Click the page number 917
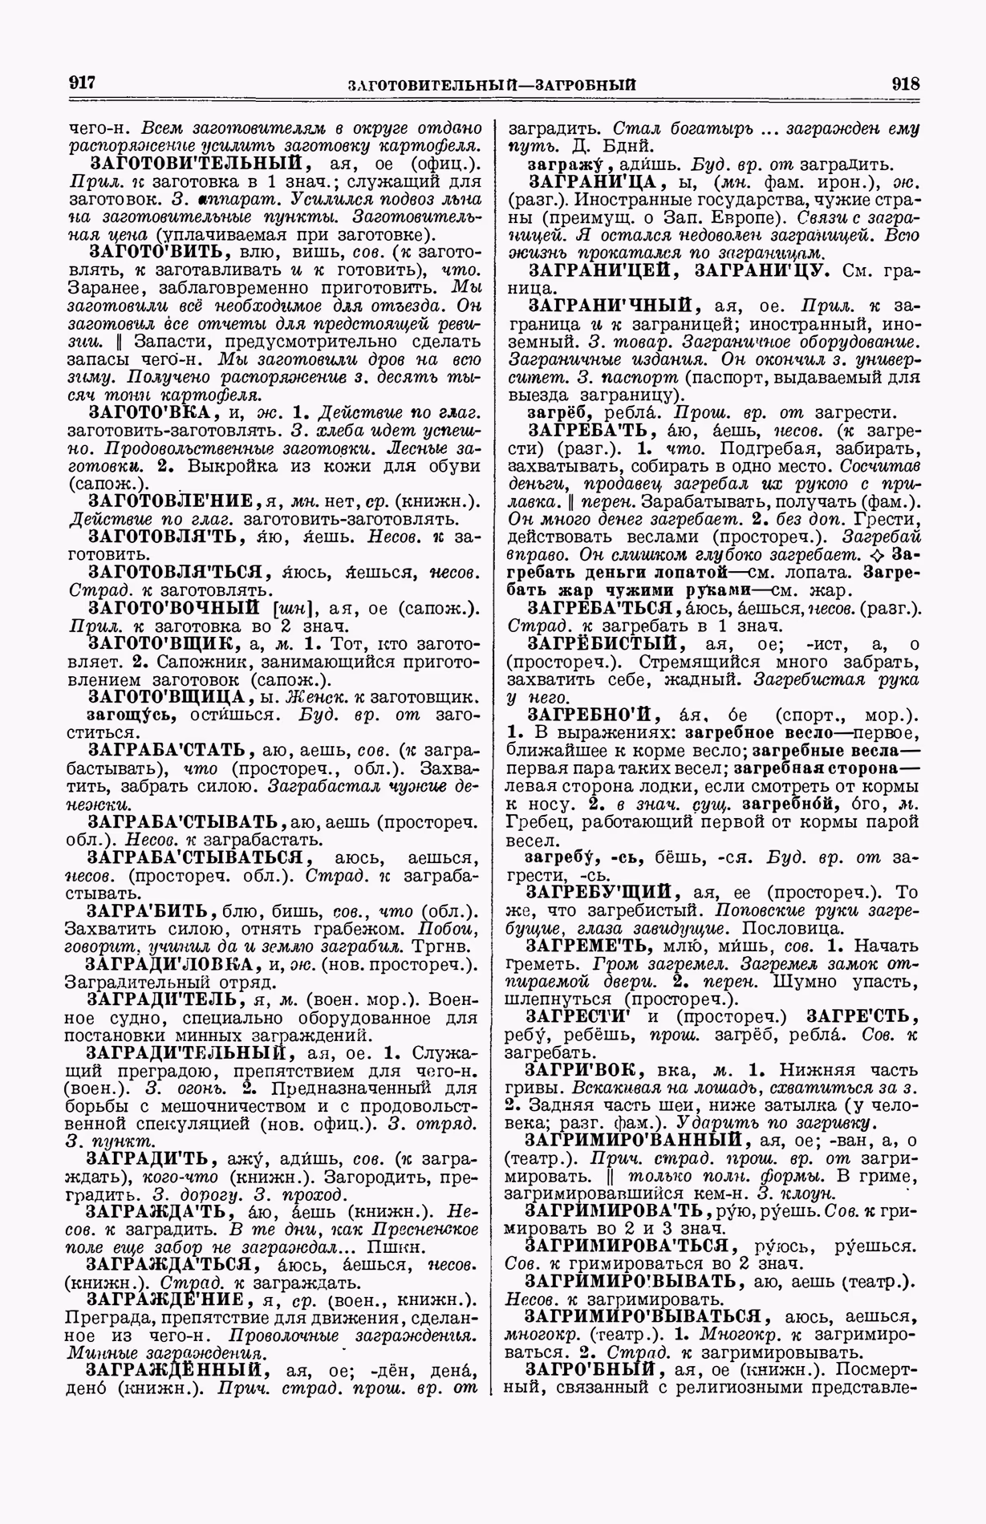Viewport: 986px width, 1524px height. (x=83, y=83)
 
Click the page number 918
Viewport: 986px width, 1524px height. (x=905, y=83)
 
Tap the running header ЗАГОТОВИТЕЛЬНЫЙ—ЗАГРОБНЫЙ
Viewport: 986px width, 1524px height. (x=493, y=84)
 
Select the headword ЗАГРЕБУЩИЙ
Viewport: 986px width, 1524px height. (x=603, y=892)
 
